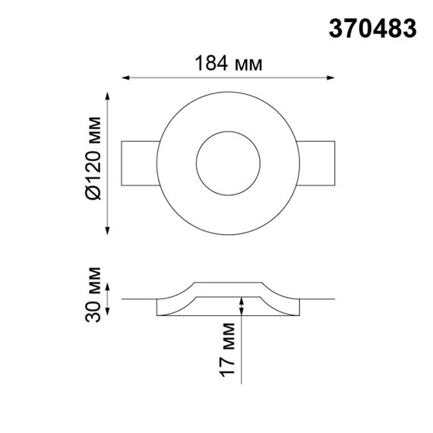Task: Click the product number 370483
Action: point(372,28)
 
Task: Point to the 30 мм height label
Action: point(93,294)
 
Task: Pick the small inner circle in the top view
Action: point(228,160)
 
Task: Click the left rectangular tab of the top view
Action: point(141,160)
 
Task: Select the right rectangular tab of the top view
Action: point(315,160)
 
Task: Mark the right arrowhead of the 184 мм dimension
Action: point(330,77)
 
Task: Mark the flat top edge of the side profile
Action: point(228,283)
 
